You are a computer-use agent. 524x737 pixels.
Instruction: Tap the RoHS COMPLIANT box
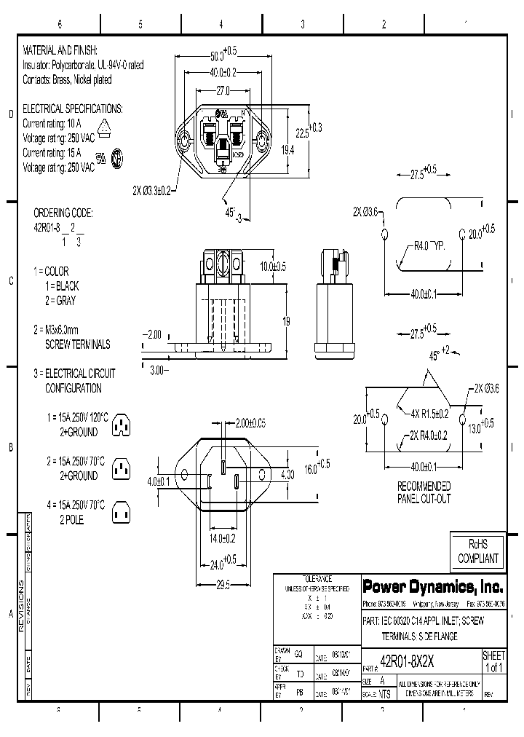point(477,551)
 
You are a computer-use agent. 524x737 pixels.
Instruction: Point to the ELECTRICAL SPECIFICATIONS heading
point(73,109)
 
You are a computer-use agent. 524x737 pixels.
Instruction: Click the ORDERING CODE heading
point(63,213)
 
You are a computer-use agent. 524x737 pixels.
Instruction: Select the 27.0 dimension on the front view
point(222,91)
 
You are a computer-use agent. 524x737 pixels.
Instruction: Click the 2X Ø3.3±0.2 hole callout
point(151,190)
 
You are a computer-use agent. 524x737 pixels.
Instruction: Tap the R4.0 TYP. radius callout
point(429,245)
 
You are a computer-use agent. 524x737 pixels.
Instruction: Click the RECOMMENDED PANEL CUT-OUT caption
point(424,492)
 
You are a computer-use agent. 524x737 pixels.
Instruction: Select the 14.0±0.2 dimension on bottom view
point(222,538)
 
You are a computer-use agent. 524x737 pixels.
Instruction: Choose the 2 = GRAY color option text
point(59,300)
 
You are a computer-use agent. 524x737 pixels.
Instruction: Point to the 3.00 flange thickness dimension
point(157,370)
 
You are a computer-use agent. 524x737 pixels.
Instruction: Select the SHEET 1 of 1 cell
point(493,661)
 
